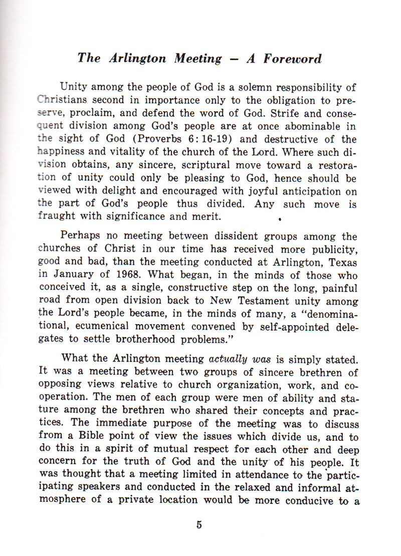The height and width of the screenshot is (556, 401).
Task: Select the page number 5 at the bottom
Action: [199, 525]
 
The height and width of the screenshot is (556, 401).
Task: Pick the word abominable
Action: [305, 126]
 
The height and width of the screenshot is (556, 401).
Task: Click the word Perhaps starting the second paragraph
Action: [80, 236]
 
